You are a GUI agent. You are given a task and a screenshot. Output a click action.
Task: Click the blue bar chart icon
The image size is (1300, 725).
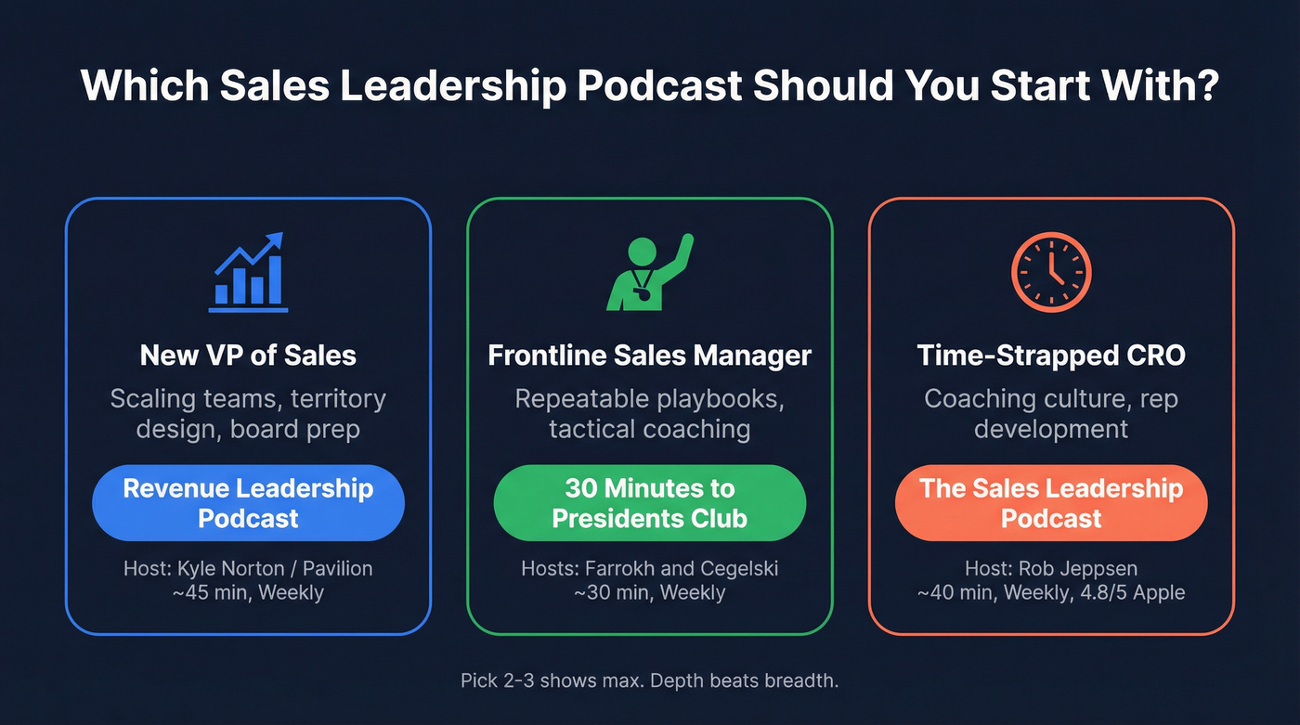click(249, 273)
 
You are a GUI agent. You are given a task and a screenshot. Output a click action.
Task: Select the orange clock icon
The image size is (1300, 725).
click(1051, 272)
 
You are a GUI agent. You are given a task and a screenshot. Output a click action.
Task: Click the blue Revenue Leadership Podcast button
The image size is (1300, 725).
click(248, 502)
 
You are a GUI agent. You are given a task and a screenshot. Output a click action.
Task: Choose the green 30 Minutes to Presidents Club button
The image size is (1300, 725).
click(649, 502)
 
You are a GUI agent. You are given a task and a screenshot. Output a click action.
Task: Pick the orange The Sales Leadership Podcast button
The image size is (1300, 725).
click(1051, 502)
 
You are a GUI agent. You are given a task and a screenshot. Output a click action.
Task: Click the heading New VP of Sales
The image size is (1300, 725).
click(248, 355)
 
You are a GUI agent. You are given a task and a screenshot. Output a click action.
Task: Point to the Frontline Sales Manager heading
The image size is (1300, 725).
click(649, 355)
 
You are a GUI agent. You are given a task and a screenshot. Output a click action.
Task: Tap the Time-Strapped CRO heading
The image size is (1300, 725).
click(1051, 355)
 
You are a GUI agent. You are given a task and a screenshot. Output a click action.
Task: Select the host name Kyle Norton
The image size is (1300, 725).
click(222, 567)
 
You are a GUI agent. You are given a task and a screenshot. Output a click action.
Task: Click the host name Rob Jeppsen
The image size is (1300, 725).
click(1077, 567)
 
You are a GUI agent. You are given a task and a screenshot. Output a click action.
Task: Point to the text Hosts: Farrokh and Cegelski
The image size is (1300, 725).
click(649, 567)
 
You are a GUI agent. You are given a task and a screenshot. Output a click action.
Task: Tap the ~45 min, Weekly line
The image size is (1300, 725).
click(248, 591)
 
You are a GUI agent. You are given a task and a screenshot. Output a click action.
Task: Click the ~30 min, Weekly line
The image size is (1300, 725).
click(649, 591)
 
